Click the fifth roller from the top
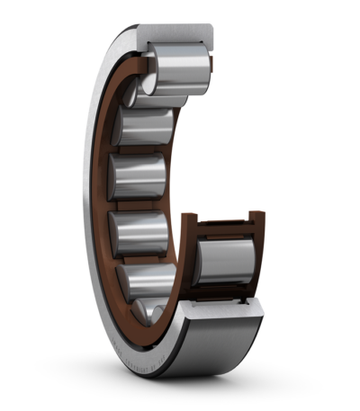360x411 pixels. point(149,280)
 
